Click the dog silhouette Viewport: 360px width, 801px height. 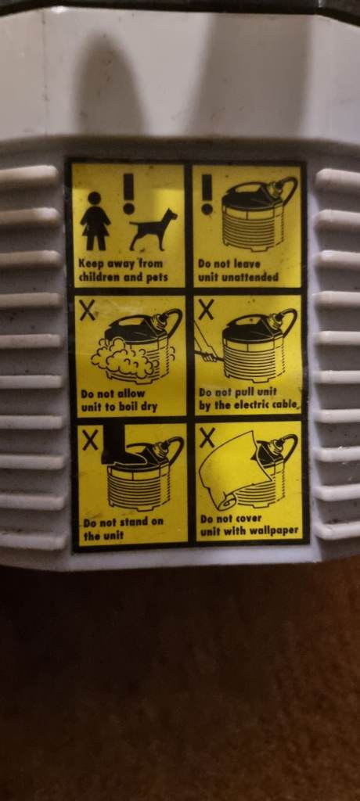tap(153, 231)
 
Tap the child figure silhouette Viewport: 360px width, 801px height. tap(95, 221)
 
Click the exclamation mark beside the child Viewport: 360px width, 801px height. tap(128, 193)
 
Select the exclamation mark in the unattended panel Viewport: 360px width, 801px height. tap(207, 195)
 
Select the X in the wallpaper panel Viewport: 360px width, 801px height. tap(207, 438)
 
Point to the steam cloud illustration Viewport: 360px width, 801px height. tap(123, 357)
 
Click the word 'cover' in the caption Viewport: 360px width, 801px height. tap(249, 519)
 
